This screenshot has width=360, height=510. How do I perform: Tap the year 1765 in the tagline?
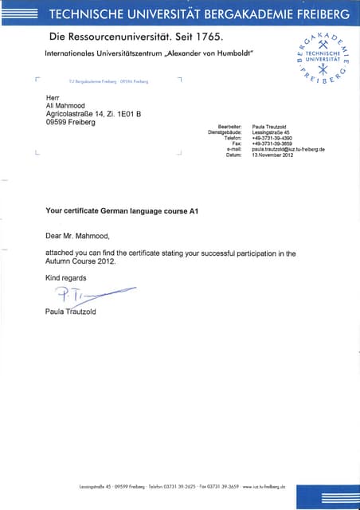(205, 37)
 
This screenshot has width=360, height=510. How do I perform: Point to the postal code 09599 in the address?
(59, 123)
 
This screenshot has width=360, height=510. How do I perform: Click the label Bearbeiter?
(229, 126)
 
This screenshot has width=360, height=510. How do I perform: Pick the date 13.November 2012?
(273, 155)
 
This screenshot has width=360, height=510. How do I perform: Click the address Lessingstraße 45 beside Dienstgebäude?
(270, 132)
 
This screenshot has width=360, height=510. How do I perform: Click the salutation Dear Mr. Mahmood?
(77, 236)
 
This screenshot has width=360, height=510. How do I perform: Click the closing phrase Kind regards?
(66, 278)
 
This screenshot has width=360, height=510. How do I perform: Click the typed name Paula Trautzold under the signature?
(71, 312)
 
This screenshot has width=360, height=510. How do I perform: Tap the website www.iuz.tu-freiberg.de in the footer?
(264, 486)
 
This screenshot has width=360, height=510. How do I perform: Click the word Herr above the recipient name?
(54, 96)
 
